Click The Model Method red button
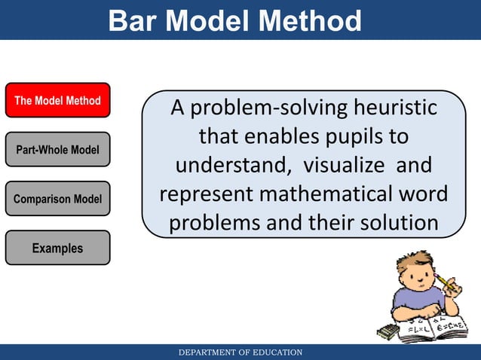click(57, 100)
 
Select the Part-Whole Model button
click(57, 150)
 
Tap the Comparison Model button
click(57, 199)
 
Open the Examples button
click(57, 248)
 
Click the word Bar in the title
click(133, 21)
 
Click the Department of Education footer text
click(240, 352)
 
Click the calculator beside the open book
click(388, 331)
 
